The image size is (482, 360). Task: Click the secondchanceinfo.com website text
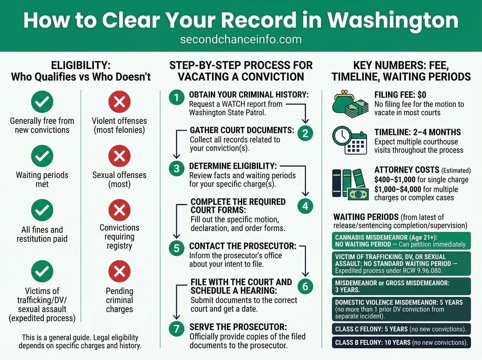click(241, 40)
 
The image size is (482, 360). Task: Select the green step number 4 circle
click(305, 206)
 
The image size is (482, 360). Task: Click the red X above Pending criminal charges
click(119, 273)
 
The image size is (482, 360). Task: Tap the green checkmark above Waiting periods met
click(42, 157)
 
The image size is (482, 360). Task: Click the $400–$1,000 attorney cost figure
click(396, 180)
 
